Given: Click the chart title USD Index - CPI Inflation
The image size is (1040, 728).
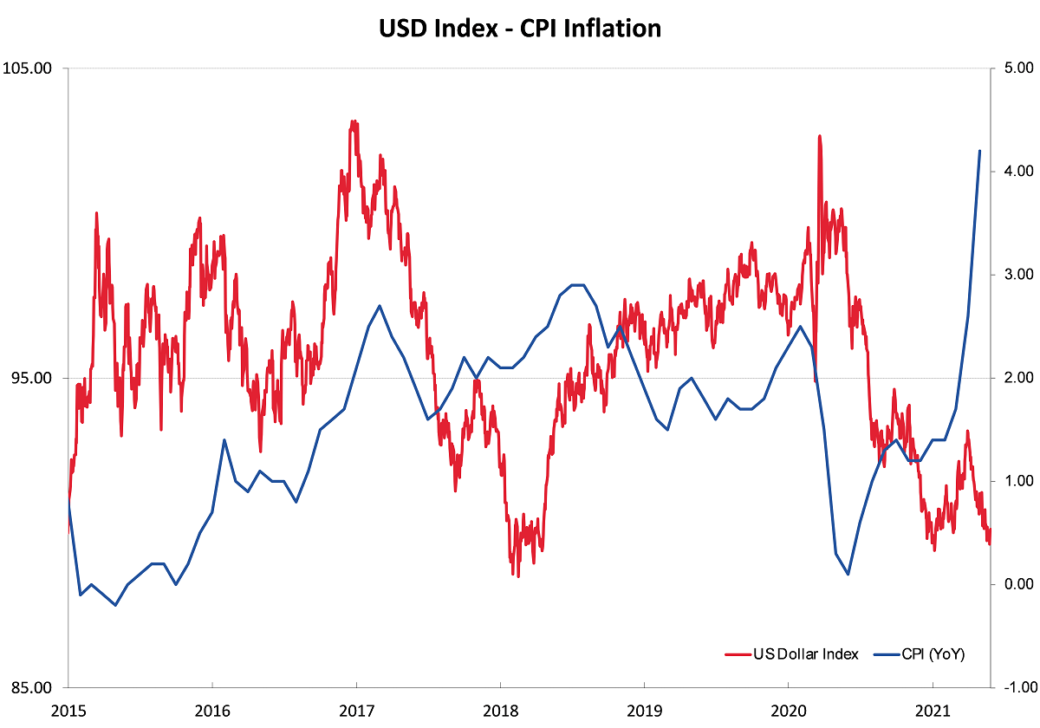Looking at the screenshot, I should coord(520,28).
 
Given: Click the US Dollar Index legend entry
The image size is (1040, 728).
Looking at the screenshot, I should coord(800,654).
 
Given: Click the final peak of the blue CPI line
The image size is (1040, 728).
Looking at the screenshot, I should coord(979,151).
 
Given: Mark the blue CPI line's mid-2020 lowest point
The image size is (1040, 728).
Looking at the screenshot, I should coord(848,574).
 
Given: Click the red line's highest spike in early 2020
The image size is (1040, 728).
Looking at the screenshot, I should coord(819,136).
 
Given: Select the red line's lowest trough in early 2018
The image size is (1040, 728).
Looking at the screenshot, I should coord(518,576).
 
